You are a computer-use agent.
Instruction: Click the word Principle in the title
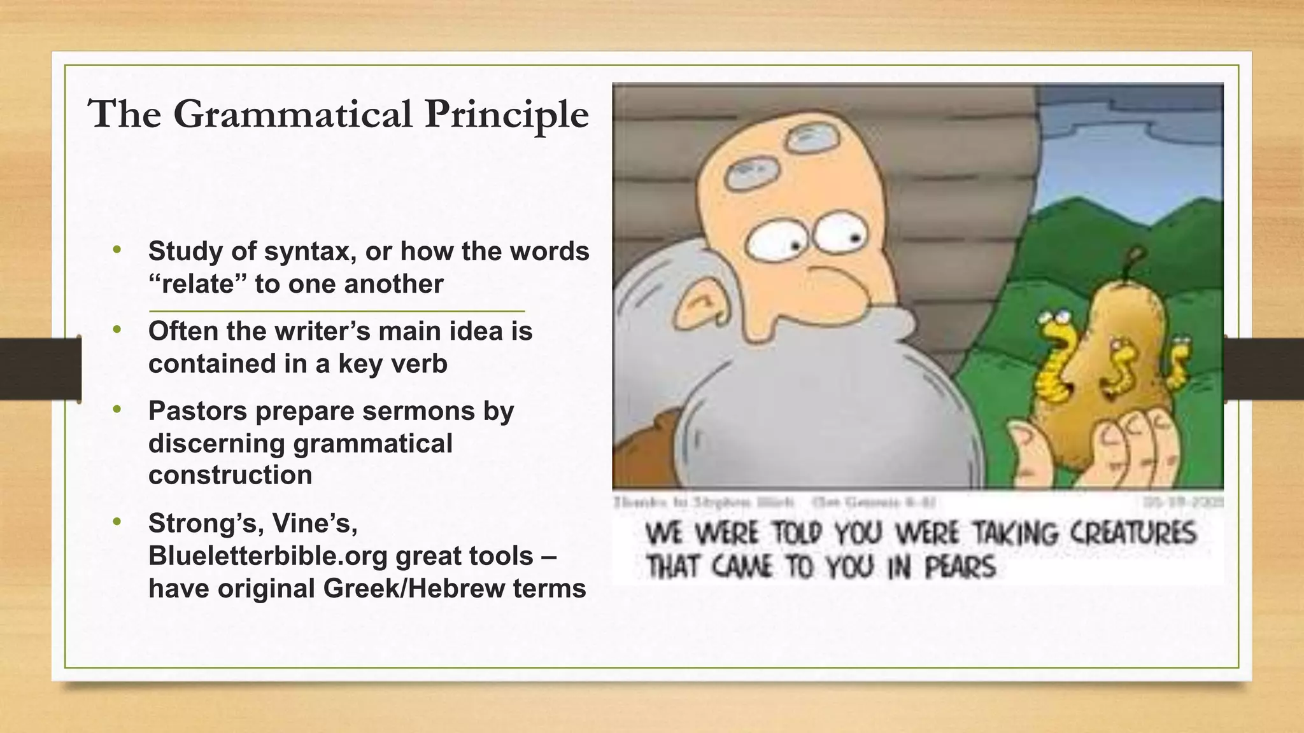pos(507,115)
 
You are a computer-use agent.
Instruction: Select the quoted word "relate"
pos(197,284)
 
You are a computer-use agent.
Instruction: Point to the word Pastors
pos(197,411)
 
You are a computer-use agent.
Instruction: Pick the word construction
pos(230,475)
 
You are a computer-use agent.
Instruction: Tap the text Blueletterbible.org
pos(268,556)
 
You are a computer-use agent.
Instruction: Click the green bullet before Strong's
pos(117,522)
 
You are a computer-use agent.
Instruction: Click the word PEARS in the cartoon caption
pos(960,567)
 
